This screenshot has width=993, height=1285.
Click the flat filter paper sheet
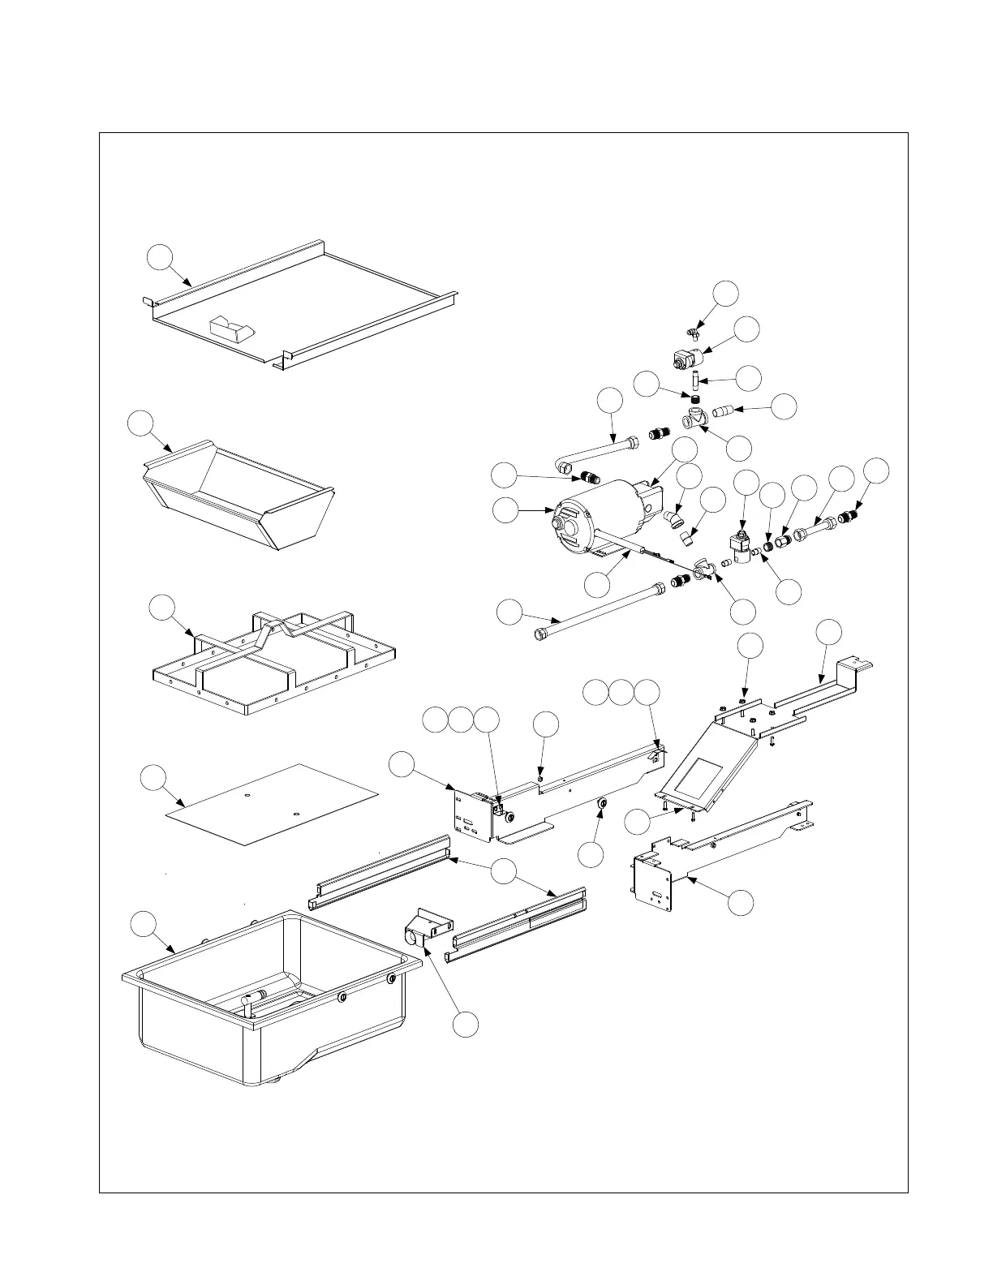(x=272, y=803)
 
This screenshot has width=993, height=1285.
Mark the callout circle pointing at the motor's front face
(x=506, y=510)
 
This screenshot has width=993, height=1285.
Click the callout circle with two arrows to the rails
(x=504, y=871)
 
